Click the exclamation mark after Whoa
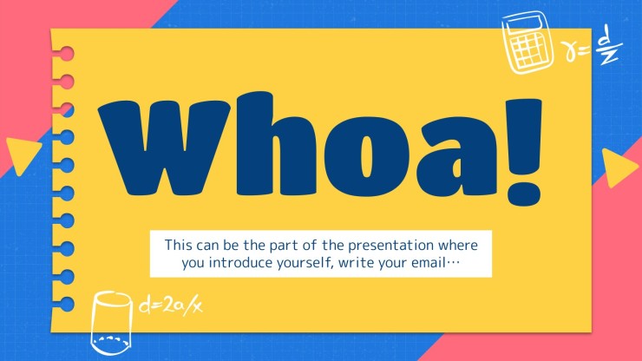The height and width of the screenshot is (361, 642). [x=524, y=152]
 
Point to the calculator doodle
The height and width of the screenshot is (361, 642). [x=528, y=43]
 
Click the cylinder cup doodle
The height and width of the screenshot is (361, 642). [x=111, y=323]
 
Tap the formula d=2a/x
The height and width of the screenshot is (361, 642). [x=171, y=305]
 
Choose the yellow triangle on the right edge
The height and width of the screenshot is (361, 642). [x=619, y=168]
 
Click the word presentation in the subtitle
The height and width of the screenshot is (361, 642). [x=390, y=246]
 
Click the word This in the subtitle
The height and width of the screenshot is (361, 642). [x=178, y=245]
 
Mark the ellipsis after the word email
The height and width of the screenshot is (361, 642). [x=453, y=263]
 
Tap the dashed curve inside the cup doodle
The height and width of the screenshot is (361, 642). [x=110, y=338]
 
